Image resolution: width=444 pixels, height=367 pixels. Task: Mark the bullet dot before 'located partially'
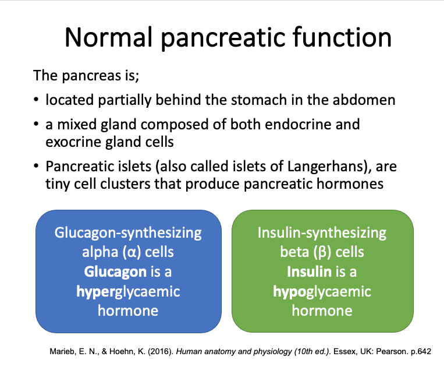pos(37,100)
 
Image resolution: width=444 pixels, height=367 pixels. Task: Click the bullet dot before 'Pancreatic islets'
pos(37,167)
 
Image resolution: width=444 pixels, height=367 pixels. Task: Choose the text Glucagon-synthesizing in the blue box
pos(128,234)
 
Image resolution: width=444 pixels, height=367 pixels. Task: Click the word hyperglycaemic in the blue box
pos(128,291)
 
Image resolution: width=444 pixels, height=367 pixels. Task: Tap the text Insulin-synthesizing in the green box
pos(322,234)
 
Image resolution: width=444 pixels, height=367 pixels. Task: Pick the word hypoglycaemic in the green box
pos(322,291)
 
